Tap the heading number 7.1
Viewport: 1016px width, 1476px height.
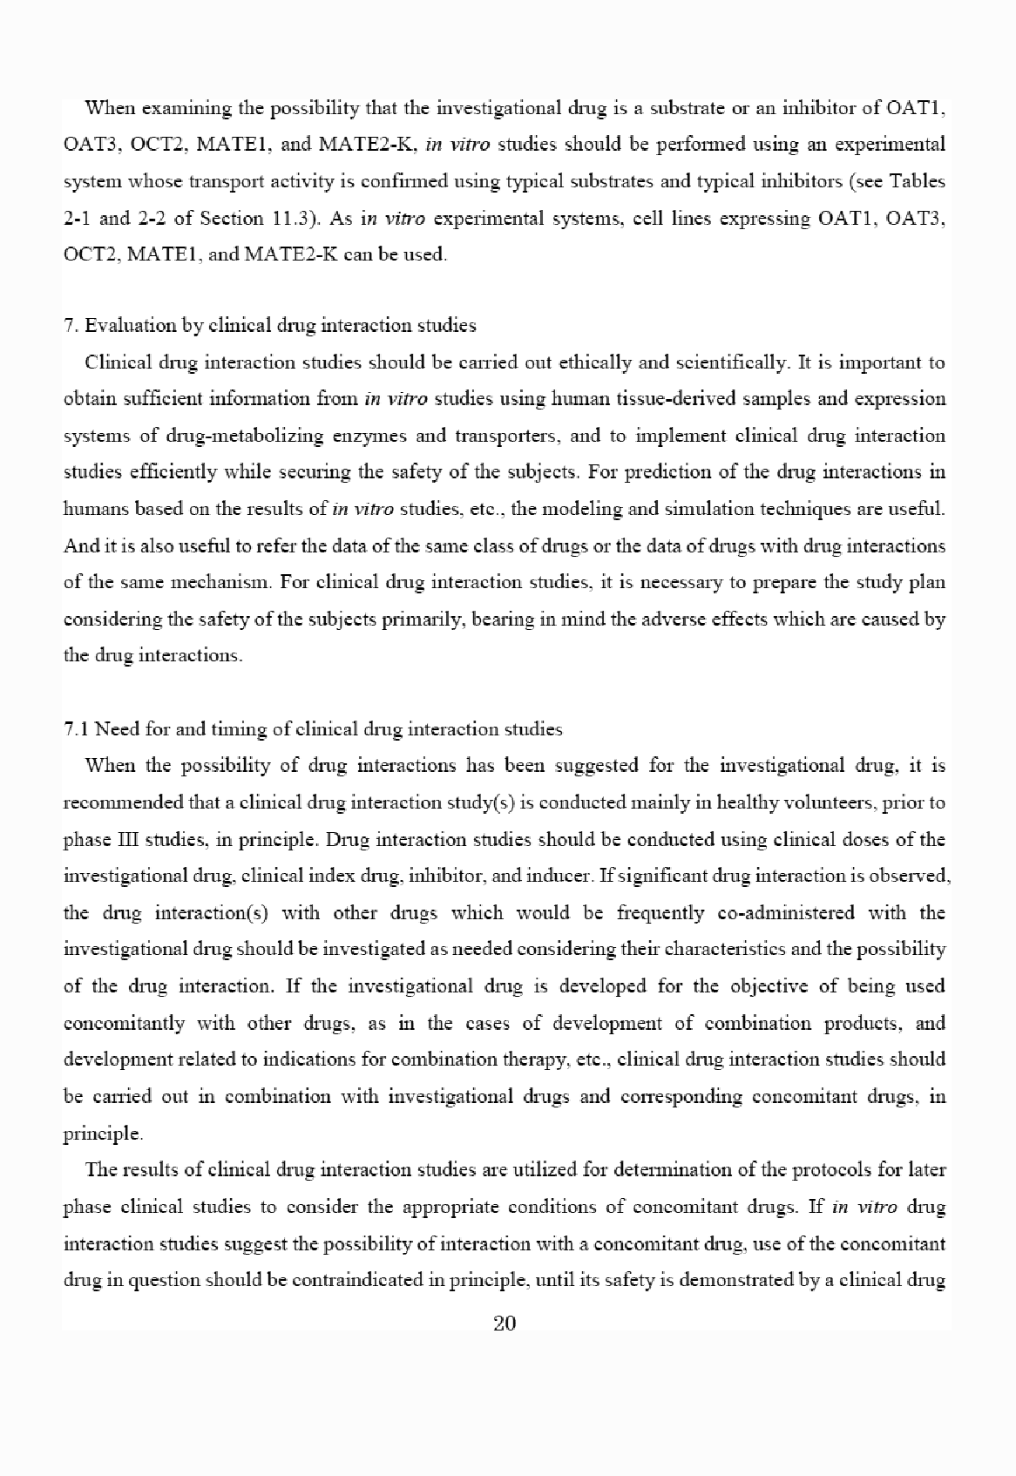(x=76, y=729)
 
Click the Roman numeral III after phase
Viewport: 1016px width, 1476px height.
(x=126, y=840)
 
